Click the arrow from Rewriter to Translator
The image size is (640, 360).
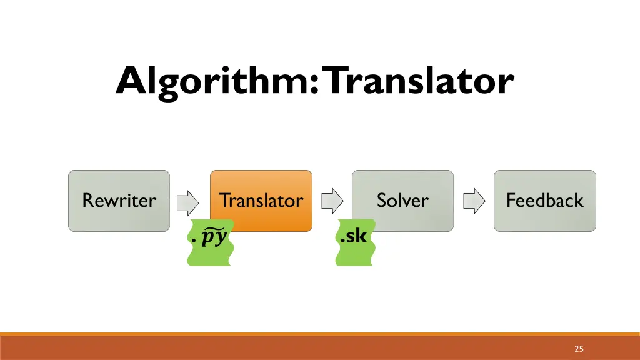point(187,201)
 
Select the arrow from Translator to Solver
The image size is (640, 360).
point(332,201)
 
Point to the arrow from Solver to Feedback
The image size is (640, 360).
point(474,201)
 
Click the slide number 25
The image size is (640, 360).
point(579,349)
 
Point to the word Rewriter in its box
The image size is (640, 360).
point(119,201)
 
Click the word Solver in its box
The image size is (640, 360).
point(402,201)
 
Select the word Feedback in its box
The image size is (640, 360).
point(544,201)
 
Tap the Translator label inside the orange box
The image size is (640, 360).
point(261,201)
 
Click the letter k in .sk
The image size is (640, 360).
point(361,236)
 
